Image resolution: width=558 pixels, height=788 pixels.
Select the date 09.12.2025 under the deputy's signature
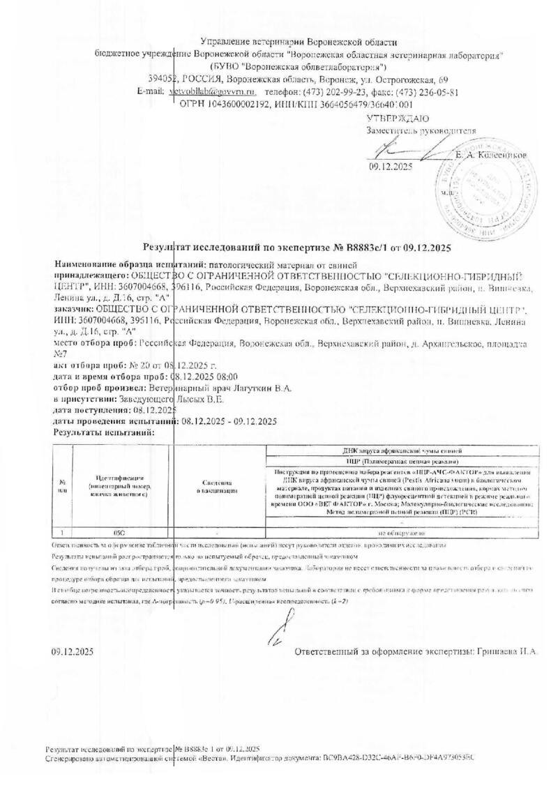pos(391,166)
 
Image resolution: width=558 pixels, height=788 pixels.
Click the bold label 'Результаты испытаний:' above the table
pos(104,433)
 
